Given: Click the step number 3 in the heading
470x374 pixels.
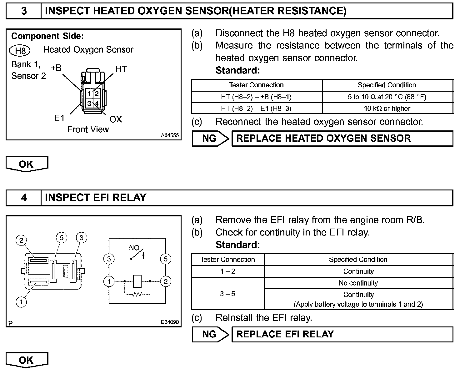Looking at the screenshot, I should pyautogui.click(x=24, y=11).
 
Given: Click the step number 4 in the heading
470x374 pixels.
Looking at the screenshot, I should pyautogui.click(x=24, y=198).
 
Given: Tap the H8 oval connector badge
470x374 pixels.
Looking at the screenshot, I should pyautogui.click(x=20, y=50).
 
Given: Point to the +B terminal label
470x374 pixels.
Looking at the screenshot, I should pyautogui.click(x=56, y=68).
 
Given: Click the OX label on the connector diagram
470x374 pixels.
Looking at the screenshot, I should pyautogui.click(x=116, y=119).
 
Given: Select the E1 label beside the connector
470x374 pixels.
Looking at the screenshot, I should pyautogui.click(x=59, y=118).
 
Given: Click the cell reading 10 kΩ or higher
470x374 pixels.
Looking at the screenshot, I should pyautogui.click(x=387, y=109).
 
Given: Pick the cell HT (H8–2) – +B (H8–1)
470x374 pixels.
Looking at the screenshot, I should pyautogui.click(x=256, y=97).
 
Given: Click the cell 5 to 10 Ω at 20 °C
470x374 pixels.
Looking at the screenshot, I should pyautogui.click(x=387, y=97).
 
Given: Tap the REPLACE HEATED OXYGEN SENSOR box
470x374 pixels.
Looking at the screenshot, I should pyautogui.click(x=342, y=139).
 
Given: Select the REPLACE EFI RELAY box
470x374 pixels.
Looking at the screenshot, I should pyautogui.click(x=342, y=334).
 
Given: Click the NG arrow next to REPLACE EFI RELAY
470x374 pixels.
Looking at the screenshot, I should pyautogui.click(x=210, y=334).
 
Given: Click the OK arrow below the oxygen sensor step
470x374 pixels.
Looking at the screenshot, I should pyautogui.click(x=27, y=164).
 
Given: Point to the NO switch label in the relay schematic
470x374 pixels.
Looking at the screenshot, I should pyautogui.click(x=134, y=248).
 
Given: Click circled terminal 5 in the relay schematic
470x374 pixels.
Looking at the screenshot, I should pyautogui.click(x=165, y=259).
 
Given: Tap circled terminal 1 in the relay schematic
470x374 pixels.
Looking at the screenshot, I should pyautogui.click(x=109, y=281).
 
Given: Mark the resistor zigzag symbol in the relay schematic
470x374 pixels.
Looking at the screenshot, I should pyautogui.click(x=137, y=294).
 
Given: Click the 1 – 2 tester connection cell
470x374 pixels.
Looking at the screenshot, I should pyautogui.click(x=227, y=271).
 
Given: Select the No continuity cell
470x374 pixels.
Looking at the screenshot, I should pyautogui.click(x=358, y=283).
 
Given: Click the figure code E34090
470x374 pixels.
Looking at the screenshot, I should pyautogui.click(x=170, y=322).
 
